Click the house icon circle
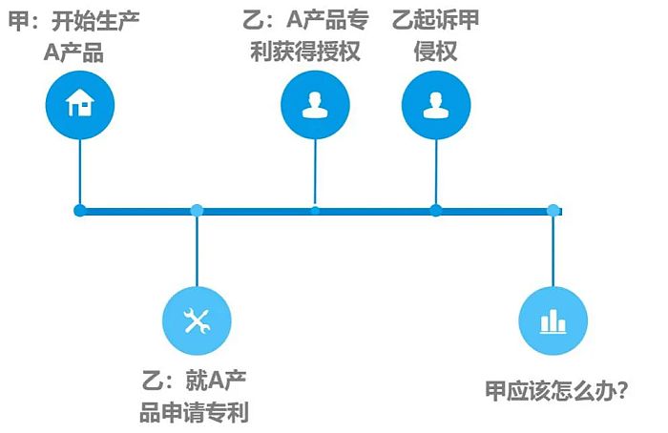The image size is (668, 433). (80, 105)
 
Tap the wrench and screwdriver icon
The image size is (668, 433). (197, 321)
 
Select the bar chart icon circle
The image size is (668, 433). (553, 321)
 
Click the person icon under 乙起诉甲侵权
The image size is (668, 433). (436, 105)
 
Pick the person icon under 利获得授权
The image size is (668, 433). (315, 105)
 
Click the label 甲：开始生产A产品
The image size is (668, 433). (74, 36)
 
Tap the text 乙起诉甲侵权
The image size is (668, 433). (435, 35)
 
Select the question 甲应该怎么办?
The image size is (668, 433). (556, 390)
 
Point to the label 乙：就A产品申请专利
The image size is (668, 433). (195, 396)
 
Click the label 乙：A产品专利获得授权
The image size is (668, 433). (305, 35)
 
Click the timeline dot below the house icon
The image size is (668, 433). (79, 211)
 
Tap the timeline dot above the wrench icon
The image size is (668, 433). (197, 211)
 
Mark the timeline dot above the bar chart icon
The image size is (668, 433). (553, 211)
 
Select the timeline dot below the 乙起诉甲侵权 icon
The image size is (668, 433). (436, 211)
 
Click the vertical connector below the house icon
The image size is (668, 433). (80, 172)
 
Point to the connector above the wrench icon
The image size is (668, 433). (197, 252)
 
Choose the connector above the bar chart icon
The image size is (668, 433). (553, 252)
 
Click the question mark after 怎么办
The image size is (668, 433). (622, 390)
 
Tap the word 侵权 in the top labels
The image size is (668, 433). (435, 52)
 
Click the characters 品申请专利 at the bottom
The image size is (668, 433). (195, 413)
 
